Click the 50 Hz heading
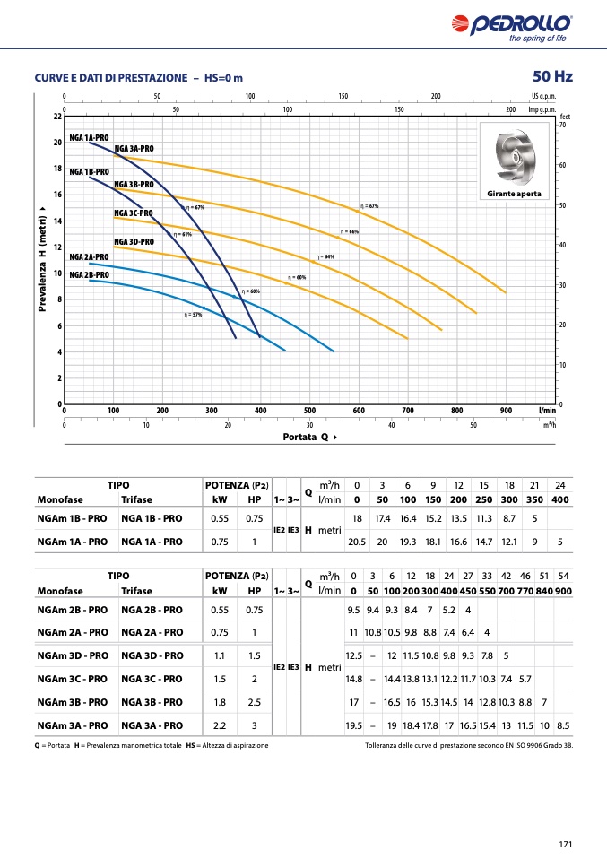pyautogui.click(x=551, y=76)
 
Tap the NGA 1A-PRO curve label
pyautogui.click(x=89, y=137)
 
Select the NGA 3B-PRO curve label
pyautogui.click(x=134, y=184)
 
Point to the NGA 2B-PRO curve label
pyautogui.click(x=89, y=275)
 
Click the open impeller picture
pyautogui.click(x=515, y=158)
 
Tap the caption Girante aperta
pyautogui.click(x=515, y=194)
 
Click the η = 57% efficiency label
pyautogui.click(x=193, y=315)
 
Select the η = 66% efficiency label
pyautogui.click(x=349, y=232)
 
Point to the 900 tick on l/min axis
pyautogui.click(x=506, y=410)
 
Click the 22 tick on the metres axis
pyautogui.click(x=56, y=117)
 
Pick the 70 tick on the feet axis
pyautogui.click(x=562, y=126)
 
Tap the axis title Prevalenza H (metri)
pyautogui.click(x=42, y=262)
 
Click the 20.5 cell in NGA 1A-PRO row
pyautogui.click(x=357, y=542)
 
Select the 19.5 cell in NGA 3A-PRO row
pyautogui.click(x=354, y=725)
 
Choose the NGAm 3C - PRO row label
pyautogui.click(x=72, y=679)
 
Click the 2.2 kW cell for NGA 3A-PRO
pyautogui.click(x=220, y=725)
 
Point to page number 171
pyautogui.click(x=565, y=843)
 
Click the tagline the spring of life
pyautogui.click(x=538, y=38)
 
